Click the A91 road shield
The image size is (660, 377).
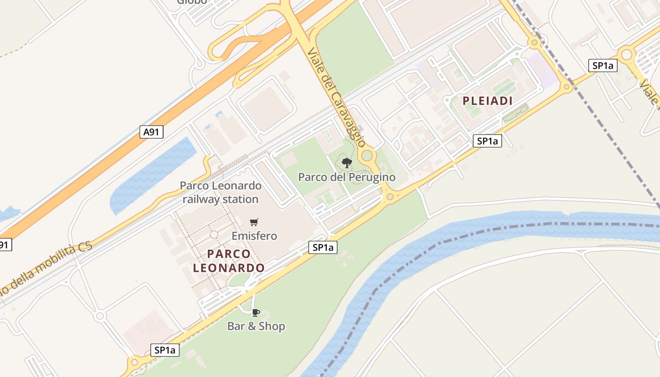pos(151,132)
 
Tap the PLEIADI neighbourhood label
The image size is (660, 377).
pos(487,100)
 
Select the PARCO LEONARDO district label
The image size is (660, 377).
pos(229,261)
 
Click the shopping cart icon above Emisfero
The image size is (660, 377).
pos(254,222)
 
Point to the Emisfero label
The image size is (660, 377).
pos(254,235)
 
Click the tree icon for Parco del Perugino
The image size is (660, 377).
pos(347,164)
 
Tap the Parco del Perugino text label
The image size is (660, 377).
pos(346,177)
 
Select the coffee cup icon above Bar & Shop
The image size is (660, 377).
pos(256,312)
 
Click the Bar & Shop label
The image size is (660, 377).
pos(256,326)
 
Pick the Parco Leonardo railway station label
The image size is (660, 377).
pos(220,192)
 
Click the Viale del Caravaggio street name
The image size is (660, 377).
pos(336,97)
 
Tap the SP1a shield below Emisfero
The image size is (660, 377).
pos(323,247)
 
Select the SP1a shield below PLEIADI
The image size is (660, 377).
pos(487,140)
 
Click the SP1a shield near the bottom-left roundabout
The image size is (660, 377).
pos(165,350)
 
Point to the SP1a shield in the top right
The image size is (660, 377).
pos(602,66)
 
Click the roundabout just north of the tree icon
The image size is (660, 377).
pos(367,155)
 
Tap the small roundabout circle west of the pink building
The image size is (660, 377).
pos(99,315)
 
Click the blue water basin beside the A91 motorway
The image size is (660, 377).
pos(151,174)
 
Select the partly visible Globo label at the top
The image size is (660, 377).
pos(192,2)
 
